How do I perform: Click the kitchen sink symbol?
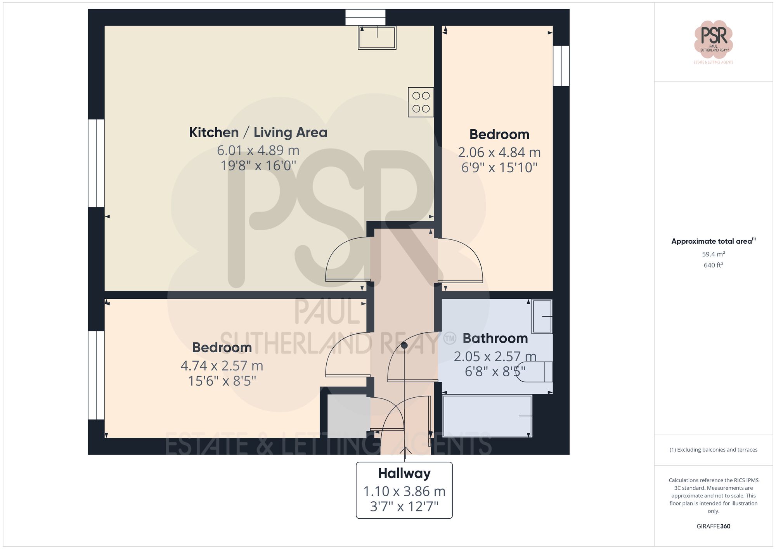pos(377,38)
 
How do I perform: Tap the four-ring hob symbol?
pos(421,102)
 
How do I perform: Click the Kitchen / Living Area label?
pos(258,133)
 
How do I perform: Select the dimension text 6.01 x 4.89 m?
pos(258,151)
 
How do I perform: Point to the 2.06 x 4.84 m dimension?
pos(499,152)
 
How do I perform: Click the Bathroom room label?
pos(495,338)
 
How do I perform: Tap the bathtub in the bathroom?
pos(487,416)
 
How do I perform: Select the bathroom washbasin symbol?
pos(542,316)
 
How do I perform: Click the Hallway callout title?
pos(404,474)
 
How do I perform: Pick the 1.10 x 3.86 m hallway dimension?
pos(404,492)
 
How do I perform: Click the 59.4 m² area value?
pos(713,254)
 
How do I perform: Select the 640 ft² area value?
pos(713,265)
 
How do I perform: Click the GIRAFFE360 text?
pos(713,526)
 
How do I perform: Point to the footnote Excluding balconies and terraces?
pos(713,450)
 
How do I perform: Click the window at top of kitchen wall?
pos(365,17)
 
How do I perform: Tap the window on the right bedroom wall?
pos(561,66)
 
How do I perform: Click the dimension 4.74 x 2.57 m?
pos(222,366)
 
